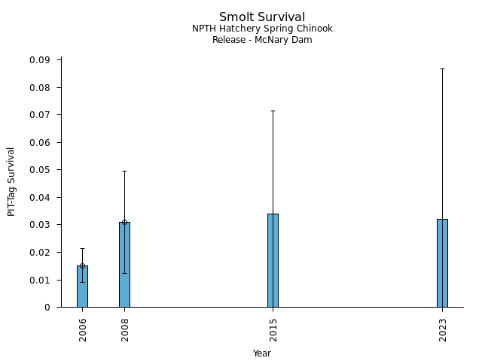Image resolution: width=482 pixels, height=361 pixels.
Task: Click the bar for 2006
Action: [82, 287]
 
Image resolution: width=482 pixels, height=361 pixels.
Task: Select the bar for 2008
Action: [124, 265]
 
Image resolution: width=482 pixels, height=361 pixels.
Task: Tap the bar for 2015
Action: [273, 260]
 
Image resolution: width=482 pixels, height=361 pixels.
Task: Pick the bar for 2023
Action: [442, 263]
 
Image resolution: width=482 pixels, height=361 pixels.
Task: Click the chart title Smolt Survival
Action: [262, 17]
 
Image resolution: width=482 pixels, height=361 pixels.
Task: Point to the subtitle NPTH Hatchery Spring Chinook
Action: [262, 29]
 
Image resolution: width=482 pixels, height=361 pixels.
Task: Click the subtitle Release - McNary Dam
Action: [262, 40]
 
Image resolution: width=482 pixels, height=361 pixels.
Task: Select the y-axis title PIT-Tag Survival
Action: [11, 181]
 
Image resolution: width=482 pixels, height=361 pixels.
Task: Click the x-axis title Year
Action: [262, 353]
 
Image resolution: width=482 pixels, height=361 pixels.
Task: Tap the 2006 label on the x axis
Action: [83, 329]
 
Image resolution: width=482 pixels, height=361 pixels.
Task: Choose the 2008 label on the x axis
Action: [125, 329]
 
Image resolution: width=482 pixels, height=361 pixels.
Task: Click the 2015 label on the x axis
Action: [273, 329]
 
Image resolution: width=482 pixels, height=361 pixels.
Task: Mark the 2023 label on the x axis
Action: [443, 329]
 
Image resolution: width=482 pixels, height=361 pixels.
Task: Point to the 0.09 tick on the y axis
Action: [40, 60]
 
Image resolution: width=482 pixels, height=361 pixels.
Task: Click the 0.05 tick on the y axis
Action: [40, 170]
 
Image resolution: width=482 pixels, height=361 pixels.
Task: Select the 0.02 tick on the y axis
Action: [40, 253]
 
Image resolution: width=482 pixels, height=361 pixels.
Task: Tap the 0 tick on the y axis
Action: [47, 308]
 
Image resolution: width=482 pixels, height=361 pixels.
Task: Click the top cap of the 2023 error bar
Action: [442, 68]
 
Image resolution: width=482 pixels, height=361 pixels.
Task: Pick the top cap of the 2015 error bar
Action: [273, 111]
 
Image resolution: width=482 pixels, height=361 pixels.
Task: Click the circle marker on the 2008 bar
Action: [124, 222]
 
